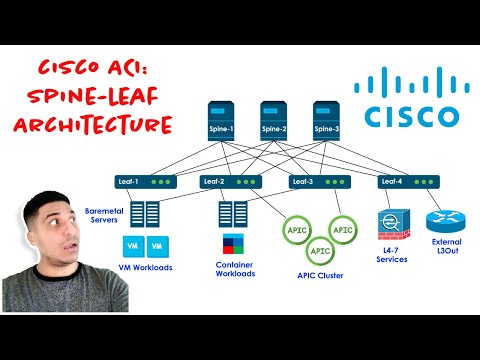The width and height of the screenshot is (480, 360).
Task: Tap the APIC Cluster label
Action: point(319,275)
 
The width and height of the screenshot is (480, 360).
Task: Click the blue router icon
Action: point(441,225)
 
